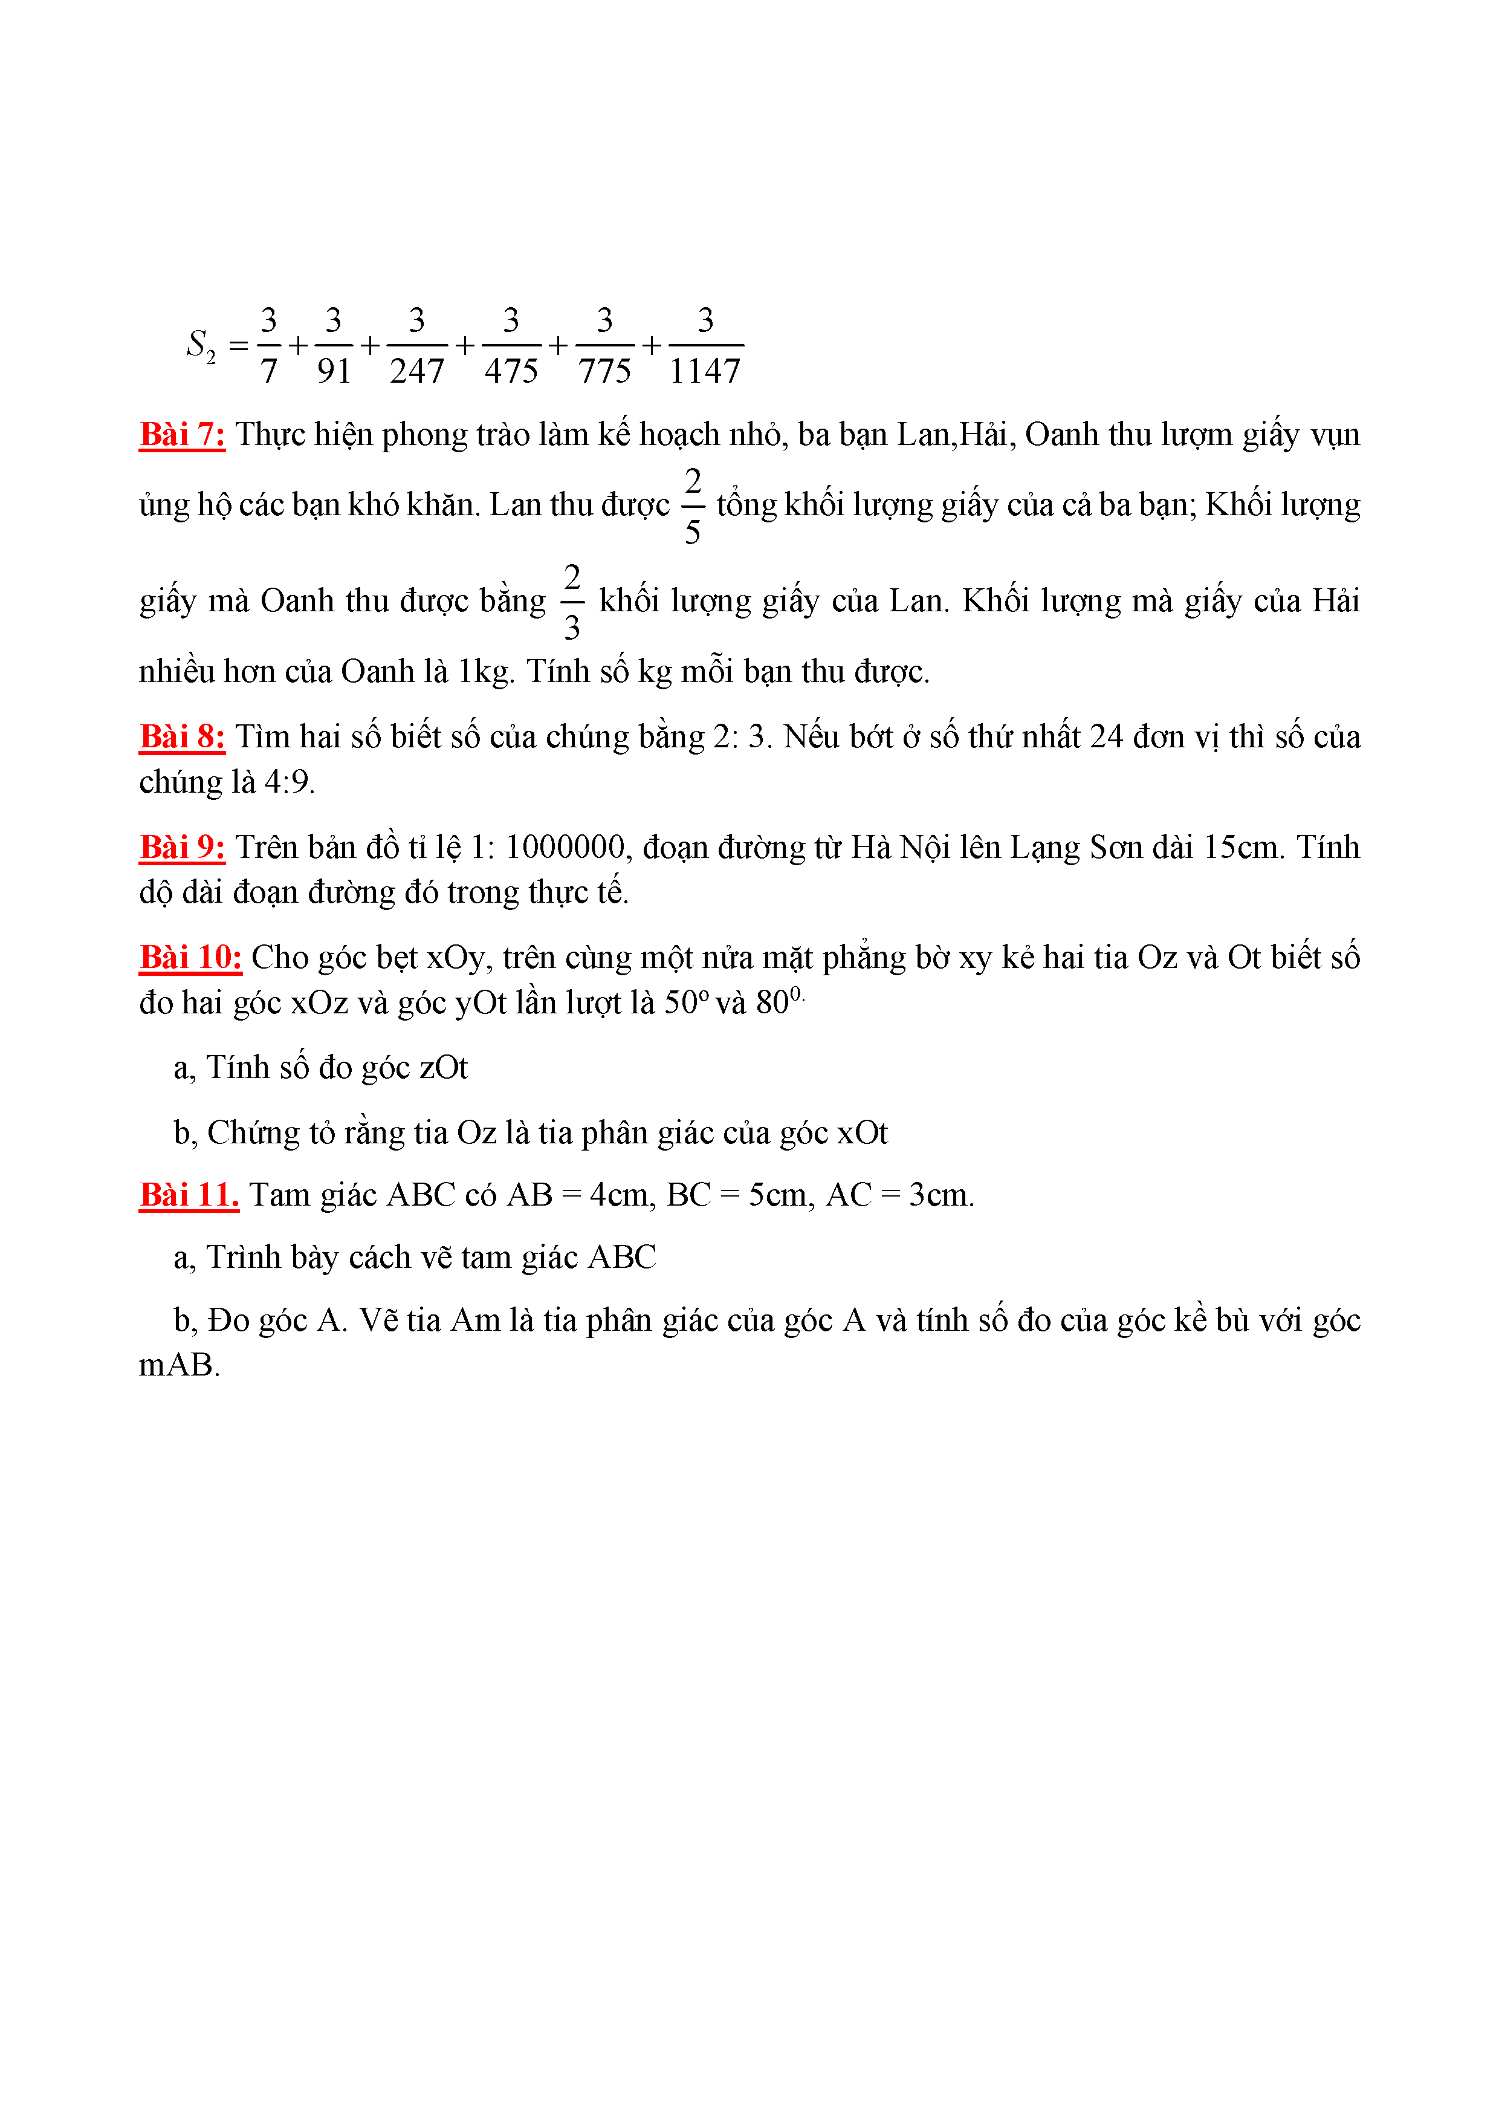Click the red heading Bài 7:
point(182,434)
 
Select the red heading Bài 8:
point(182,736)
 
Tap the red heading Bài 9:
point(182,847)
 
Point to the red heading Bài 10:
point(190,957)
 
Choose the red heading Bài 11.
point(189,1195)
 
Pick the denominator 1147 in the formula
point(705,371)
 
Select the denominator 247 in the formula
point(416,371)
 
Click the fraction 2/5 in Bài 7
point(693,505)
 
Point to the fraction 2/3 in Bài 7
point(572,602)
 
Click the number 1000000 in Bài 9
point(565,847)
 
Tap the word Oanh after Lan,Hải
point(1062,434)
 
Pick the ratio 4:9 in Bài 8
point(288,782)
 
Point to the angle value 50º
point(686,1003)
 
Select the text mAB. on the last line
point(179,1365)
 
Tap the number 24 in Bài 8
point(1107,736)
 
